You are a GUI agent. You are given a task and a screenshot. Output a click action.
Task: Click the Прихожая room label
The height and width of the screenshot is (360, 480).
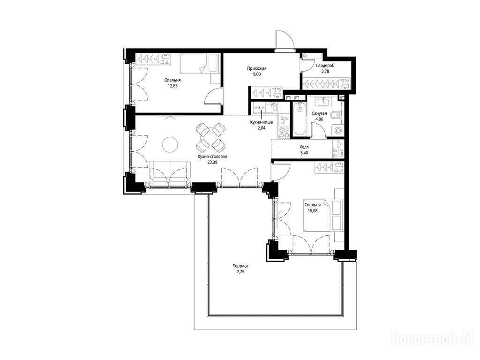(257, 68)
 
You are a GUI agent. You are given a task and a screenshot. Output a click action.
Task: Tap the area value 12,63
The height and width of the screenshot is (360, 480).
(172, 86)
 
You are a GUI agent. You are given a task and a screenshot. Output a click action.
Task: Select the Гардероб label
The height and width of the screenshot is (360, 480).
(325, 66)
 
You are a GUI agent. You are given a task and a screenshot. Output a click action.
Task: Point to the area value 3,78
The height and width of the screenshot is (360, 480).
(325, 71)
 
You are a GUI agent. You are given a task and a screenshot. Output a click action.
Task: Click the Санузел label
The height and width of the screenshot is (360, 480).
(319, 113)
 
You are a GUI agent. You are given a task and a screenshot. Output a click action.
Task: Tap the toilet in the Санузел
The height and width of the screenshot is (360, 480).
(337, 115)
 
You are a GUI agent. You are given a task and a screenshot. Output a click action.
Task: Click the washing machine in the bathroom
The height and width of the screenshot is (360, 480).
(337, 130)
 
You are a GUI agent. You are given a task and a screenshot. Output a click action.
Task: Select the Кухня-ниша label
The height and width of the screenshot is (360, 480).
(262, 122)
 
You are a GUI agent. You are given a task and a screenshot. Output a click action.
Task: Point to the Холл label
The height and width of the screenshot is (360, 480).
(304, 147)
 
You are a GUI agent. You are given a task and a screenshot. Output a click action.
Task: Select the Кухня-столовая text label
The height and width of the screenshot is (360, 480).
(212, 157)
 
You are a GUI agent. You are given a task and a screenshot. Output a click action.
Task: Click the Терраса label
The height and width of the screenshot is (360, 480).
(240, 266)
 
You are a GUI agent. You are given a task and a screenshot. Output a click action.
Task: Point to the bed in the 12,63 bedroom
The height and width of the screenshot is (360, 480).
(199, 64)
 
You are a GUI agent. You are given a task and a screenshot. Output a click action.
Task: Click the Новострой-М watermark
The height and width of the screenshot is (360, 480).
(433, 339)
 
